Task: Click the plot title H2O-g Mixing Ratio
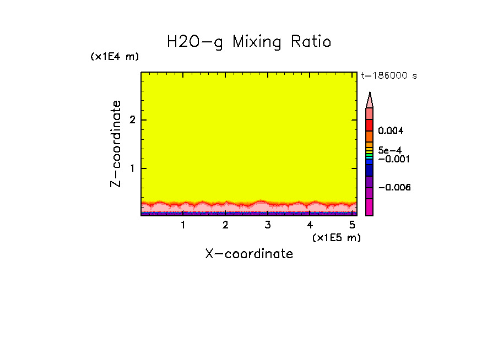point(249,42)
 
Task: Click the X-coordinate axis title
point(249,254)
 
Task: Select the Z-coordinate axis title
point(116,144)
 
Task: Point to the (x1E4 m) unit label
point(115,57)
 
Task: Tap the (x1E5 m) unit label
point(336,237)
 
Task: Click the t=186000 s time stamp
point(388,76)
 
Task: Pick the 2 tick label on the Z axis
point(132,120)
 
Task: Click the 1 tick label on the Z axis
point(132,168)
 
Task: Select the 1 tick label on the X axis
point(183,225)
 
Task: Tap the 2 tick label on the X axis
point(225,225)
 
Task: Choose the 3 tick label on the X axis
point(268,225)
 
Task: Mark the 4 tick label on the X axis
point(310,225)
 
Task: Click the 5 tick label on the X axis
point(352,225)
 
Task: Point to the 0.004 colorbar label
point(391,131)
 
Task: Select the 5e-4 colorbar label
point(389,150)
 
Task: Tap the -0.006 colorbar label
point(394,187)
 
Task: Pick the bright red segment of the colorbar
point(370,124)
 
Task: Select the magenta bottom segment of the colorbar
point(370,207)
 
